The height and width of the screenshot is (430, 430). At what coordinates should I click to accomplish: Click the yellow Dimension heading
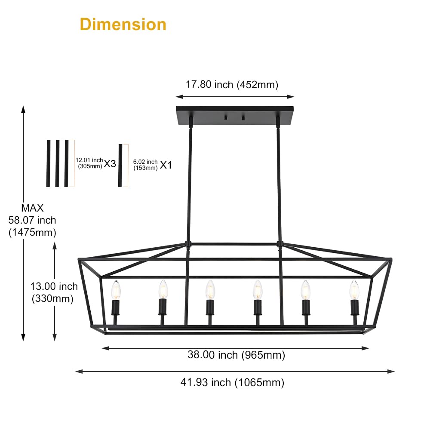click(123, 25)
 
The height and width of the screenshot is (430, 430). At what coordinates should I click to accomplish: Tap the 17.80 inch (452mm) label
click(232, 84)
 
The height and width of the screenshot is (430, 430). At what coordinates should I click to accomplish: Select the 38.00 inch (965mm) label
click(236, 355)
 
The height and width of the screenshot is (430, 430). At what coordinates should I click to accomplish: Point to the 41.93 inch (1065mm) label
click(232, 382)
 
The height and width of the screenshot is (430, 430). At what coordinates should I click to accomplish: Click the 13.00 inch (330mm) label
click(54, 292)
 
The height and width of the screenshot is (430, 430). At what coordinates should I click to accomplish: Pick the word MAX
click(32, 208)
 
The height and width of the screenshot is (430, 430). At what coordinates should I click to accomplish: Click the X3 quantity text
click(110, 164)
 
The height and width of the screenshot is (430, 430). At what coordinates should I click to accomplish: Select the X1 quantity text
click(166, 165)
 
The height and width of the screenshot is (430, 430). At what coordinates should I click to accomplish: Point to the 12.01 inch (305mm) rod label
click(89, 163)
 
